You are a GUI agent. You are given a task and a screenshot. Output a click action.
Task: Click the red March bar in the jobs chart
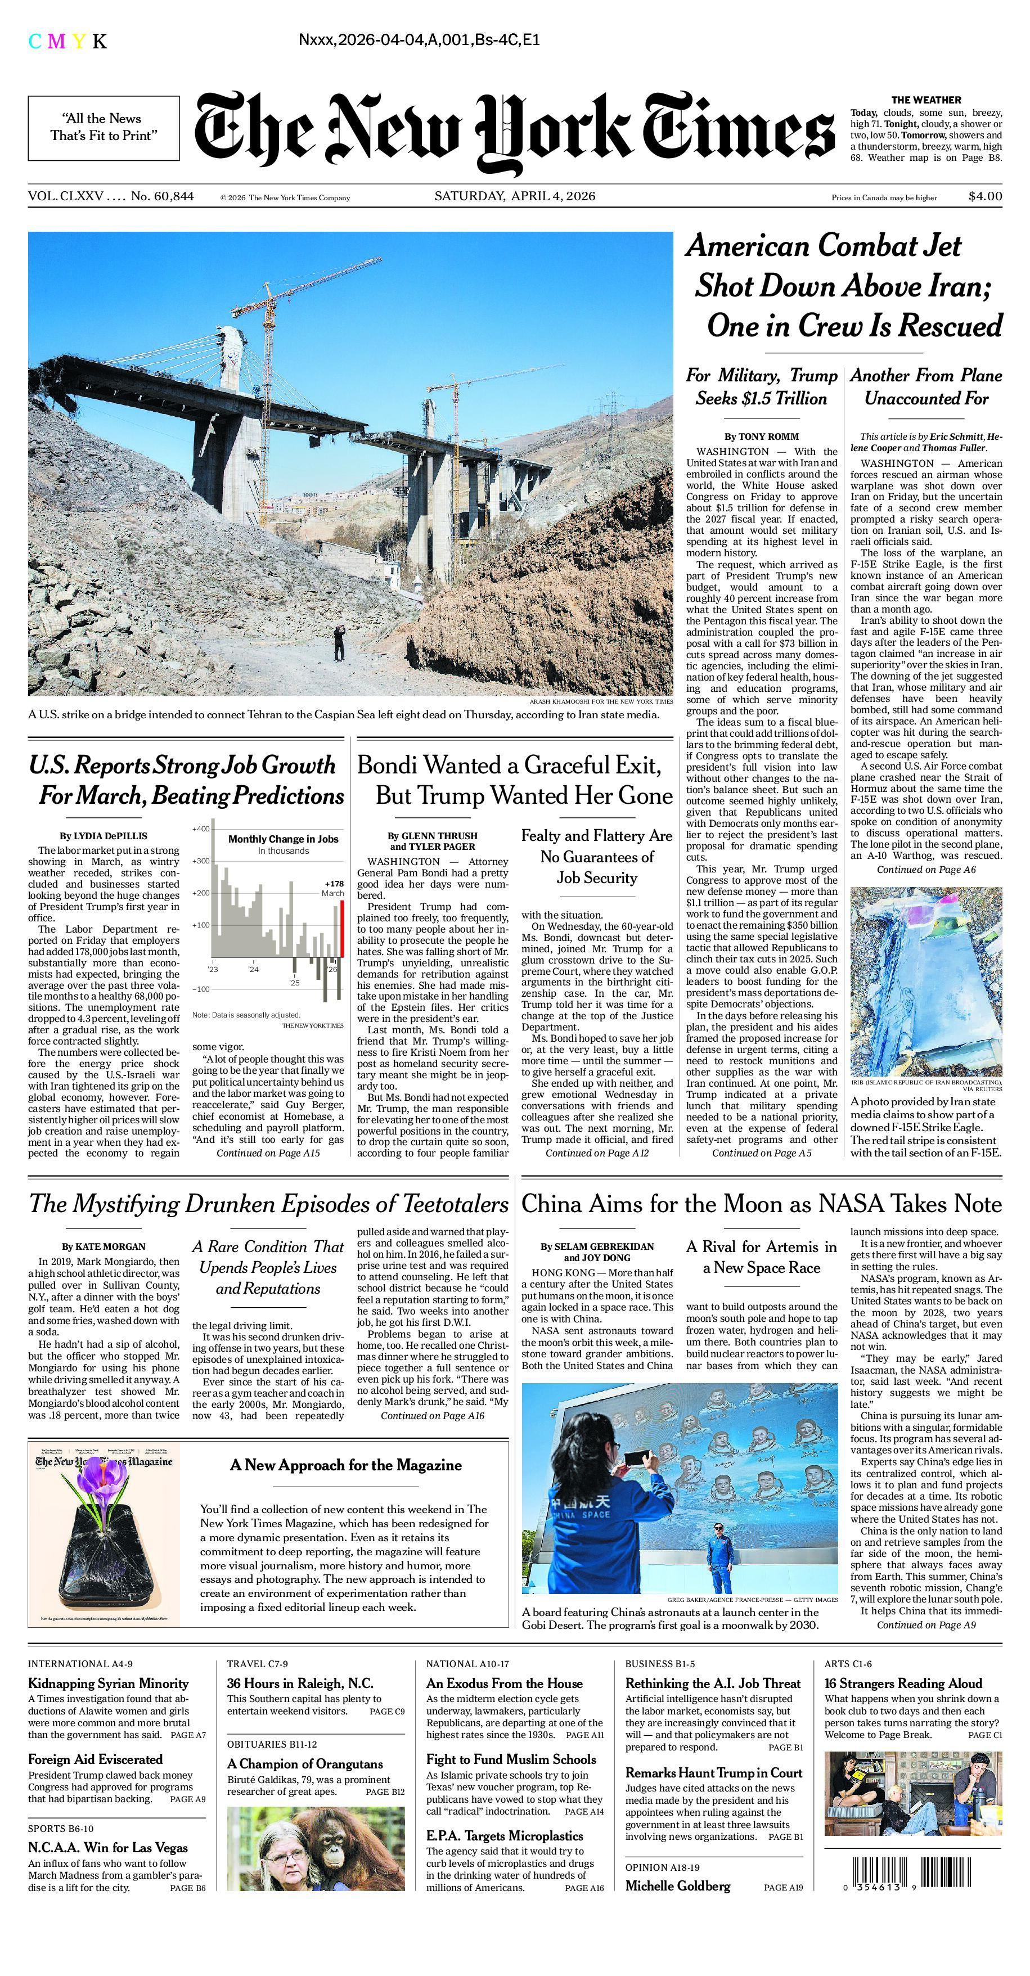(341, 929)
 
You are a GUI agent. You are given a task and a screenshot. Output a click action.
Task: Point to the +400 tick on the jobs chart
(200, 829)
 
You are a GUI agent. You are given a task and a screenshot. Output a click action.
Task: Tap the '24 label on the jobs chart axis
(253, 969)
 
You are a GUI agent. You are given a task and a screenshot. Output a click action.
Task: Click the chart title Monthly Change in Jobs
(283, 839)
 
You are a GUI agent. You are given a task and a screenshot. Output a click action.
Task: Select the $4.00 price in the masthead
(985, 196)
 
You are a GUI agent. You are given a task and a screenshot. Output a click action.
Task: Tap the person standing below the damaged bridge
(338, 642)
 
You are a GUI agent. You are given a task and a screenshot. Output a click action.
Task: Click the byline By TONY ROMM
(762, 436)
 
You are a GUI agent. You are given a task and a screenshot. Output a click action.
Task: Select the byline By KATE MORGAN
(104, 1246)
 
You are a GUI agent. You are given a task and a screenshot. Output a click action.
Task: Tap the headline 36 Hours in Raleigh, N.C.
(300, 1683)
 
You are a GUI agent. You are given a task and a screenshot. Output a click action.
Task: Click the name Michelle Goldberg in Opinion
(677, 1885)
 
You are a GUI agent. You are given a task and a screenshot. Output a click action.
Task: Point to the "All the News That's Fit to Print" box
(104, 127)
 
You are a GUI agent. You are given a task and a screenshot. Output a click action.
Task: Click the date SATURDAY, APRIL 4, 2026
(515, 196)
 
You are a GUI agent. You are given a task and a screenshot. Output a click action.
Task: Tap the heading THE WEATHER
(926, 100)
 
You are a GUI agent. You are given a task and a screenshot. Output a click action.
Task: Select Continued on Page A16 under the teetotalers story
(433, 1415)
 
